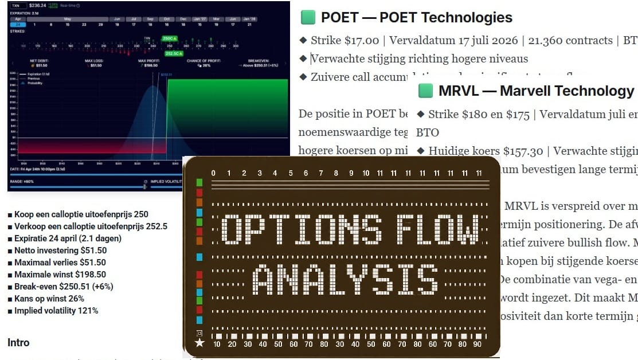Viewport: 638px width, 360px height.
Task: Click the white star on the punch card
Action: tap(199, 343)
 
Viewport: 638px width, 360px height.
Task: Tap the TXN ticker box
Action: tap(16, 6)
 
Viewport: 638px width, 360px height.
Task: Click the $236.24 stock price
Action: tap(38, 6)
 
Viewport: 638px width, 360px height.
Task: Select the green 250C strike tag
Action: tap(170, 38)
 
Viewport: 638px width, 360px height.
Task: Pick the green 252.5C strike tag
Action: tap(173, 53)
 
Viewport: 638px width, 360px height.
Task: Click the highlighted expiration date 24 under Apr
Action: tap(18, 25)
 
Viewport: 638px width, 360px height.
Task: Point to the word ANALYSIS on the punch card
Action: tap(345, 280)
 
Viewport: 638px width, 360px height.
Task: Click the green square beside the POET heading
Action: tap(308, 18)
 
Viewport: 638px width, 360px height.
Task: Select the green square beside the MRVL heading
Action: tap(425, 91)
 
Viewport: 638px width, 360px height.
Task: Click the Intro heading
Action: tap(18, 343)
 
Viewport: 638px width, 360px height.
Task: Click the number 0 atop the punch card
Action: tap(213, 173)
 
